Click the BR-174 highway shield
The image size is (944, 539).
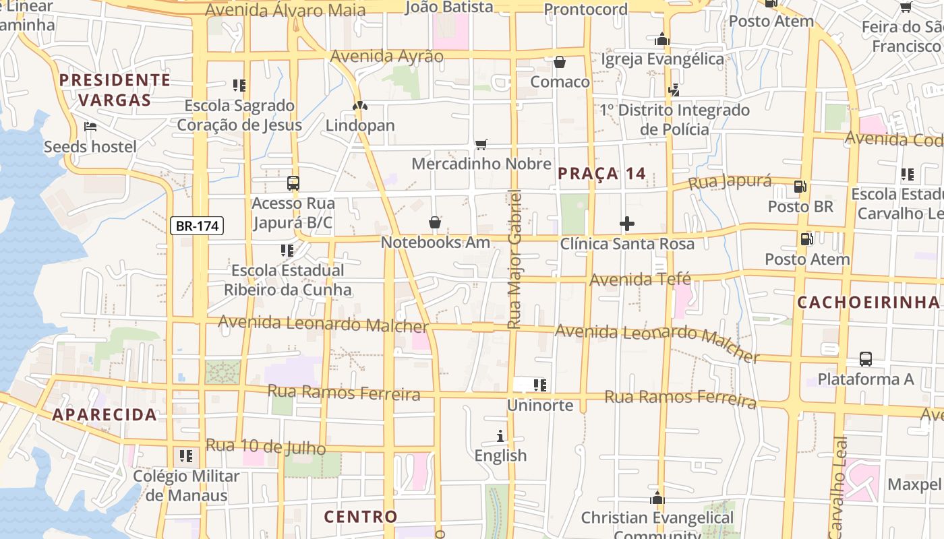pyautogui.click(x=197, y=226)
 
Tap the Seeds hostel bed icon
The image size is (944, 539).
pyautogui.click(x=90, y=127)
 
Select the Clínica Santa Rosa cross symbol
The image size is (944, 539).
pyautogui.click(x=627, y=224)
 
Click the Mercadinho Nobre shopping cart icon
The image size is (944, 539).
pyautogui.click(x=481, y=144)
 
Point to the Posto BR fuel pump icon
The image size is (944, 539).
pyautogui.click(x=800, y=187)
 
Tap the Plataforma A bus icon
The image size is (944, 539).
pyautogui.click(x=866, y=359)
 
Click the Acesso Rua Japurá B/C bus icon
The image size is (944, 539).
pyautogui.click(x=293, y=183)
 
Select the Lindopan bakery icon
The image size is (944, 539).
pyautogui.click(x=360, y=106)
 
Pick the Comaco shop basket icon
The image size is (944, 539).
pyautogui.click(x=560, y=63)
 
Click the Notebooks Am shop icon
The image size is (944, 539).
pyautogui.click(x=435, y=222)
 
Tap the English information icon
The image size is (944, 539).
pyautogui.click(x=500, y=436)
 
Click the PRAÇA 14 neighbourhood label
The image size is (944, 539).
pyautogui.click(x=602, y=174)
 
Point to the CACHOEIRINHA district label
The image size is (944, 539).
pyautogui.click(x=868, y=303)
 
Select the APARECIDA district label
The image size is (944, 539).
pyautogui.click(x=105, y=414)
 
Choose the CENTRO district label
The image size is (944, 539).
pyautogui.click(x=361, y=517)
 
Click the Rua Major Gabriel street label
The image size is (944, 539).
pyautogui.click(x=514, y=259)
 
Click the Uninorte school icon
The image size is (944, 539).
pyautogui.click(x=539, y=385)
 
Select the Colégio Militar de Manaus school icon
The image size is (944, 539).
pyautogui.click(x=186, y=456)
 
